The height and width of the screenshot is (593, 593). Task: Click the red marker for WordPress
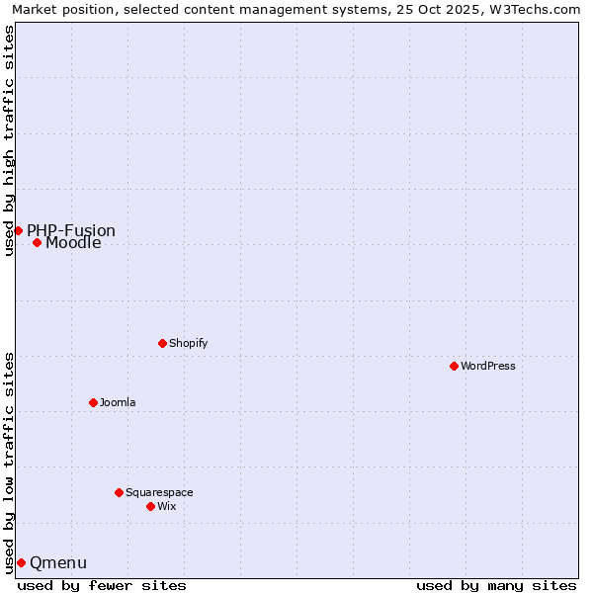454,366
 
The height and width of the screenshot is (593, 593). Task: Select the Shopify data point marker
162,343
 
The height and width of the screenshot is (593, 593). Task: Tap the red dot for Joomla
93,402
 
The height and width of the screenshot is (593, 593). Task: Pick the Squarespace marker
119,492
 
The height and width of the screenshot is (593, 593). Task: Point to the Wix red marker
150,506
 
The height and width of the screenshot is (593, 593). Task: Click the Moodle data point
37,242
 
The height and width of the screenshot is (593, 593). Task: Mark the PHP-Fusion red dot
18,230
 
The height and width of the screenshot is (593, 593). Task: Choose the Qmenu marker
21,562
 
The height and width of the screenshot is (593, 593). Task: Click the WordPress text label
488,366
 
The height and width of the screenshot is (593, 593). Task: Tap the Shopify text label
188,343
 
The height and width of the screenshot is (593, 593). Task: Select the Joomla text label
118,402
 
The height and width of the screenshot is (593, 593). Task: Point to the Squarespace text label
159,492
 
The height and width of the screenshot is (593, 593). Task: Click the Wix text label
166,506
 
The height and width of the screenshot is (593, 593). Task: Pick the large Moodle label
73,243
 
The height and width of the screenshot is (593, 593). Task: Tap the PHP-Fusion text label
71,231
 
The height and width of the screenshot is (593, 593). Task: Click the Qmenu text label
58,563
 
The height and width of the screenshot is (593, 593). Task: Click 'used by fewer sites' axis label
102,585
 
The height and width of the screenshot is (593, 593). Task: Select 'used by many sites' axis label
496,585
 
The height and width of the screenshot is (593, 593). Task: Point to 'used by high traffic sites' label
9,140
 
